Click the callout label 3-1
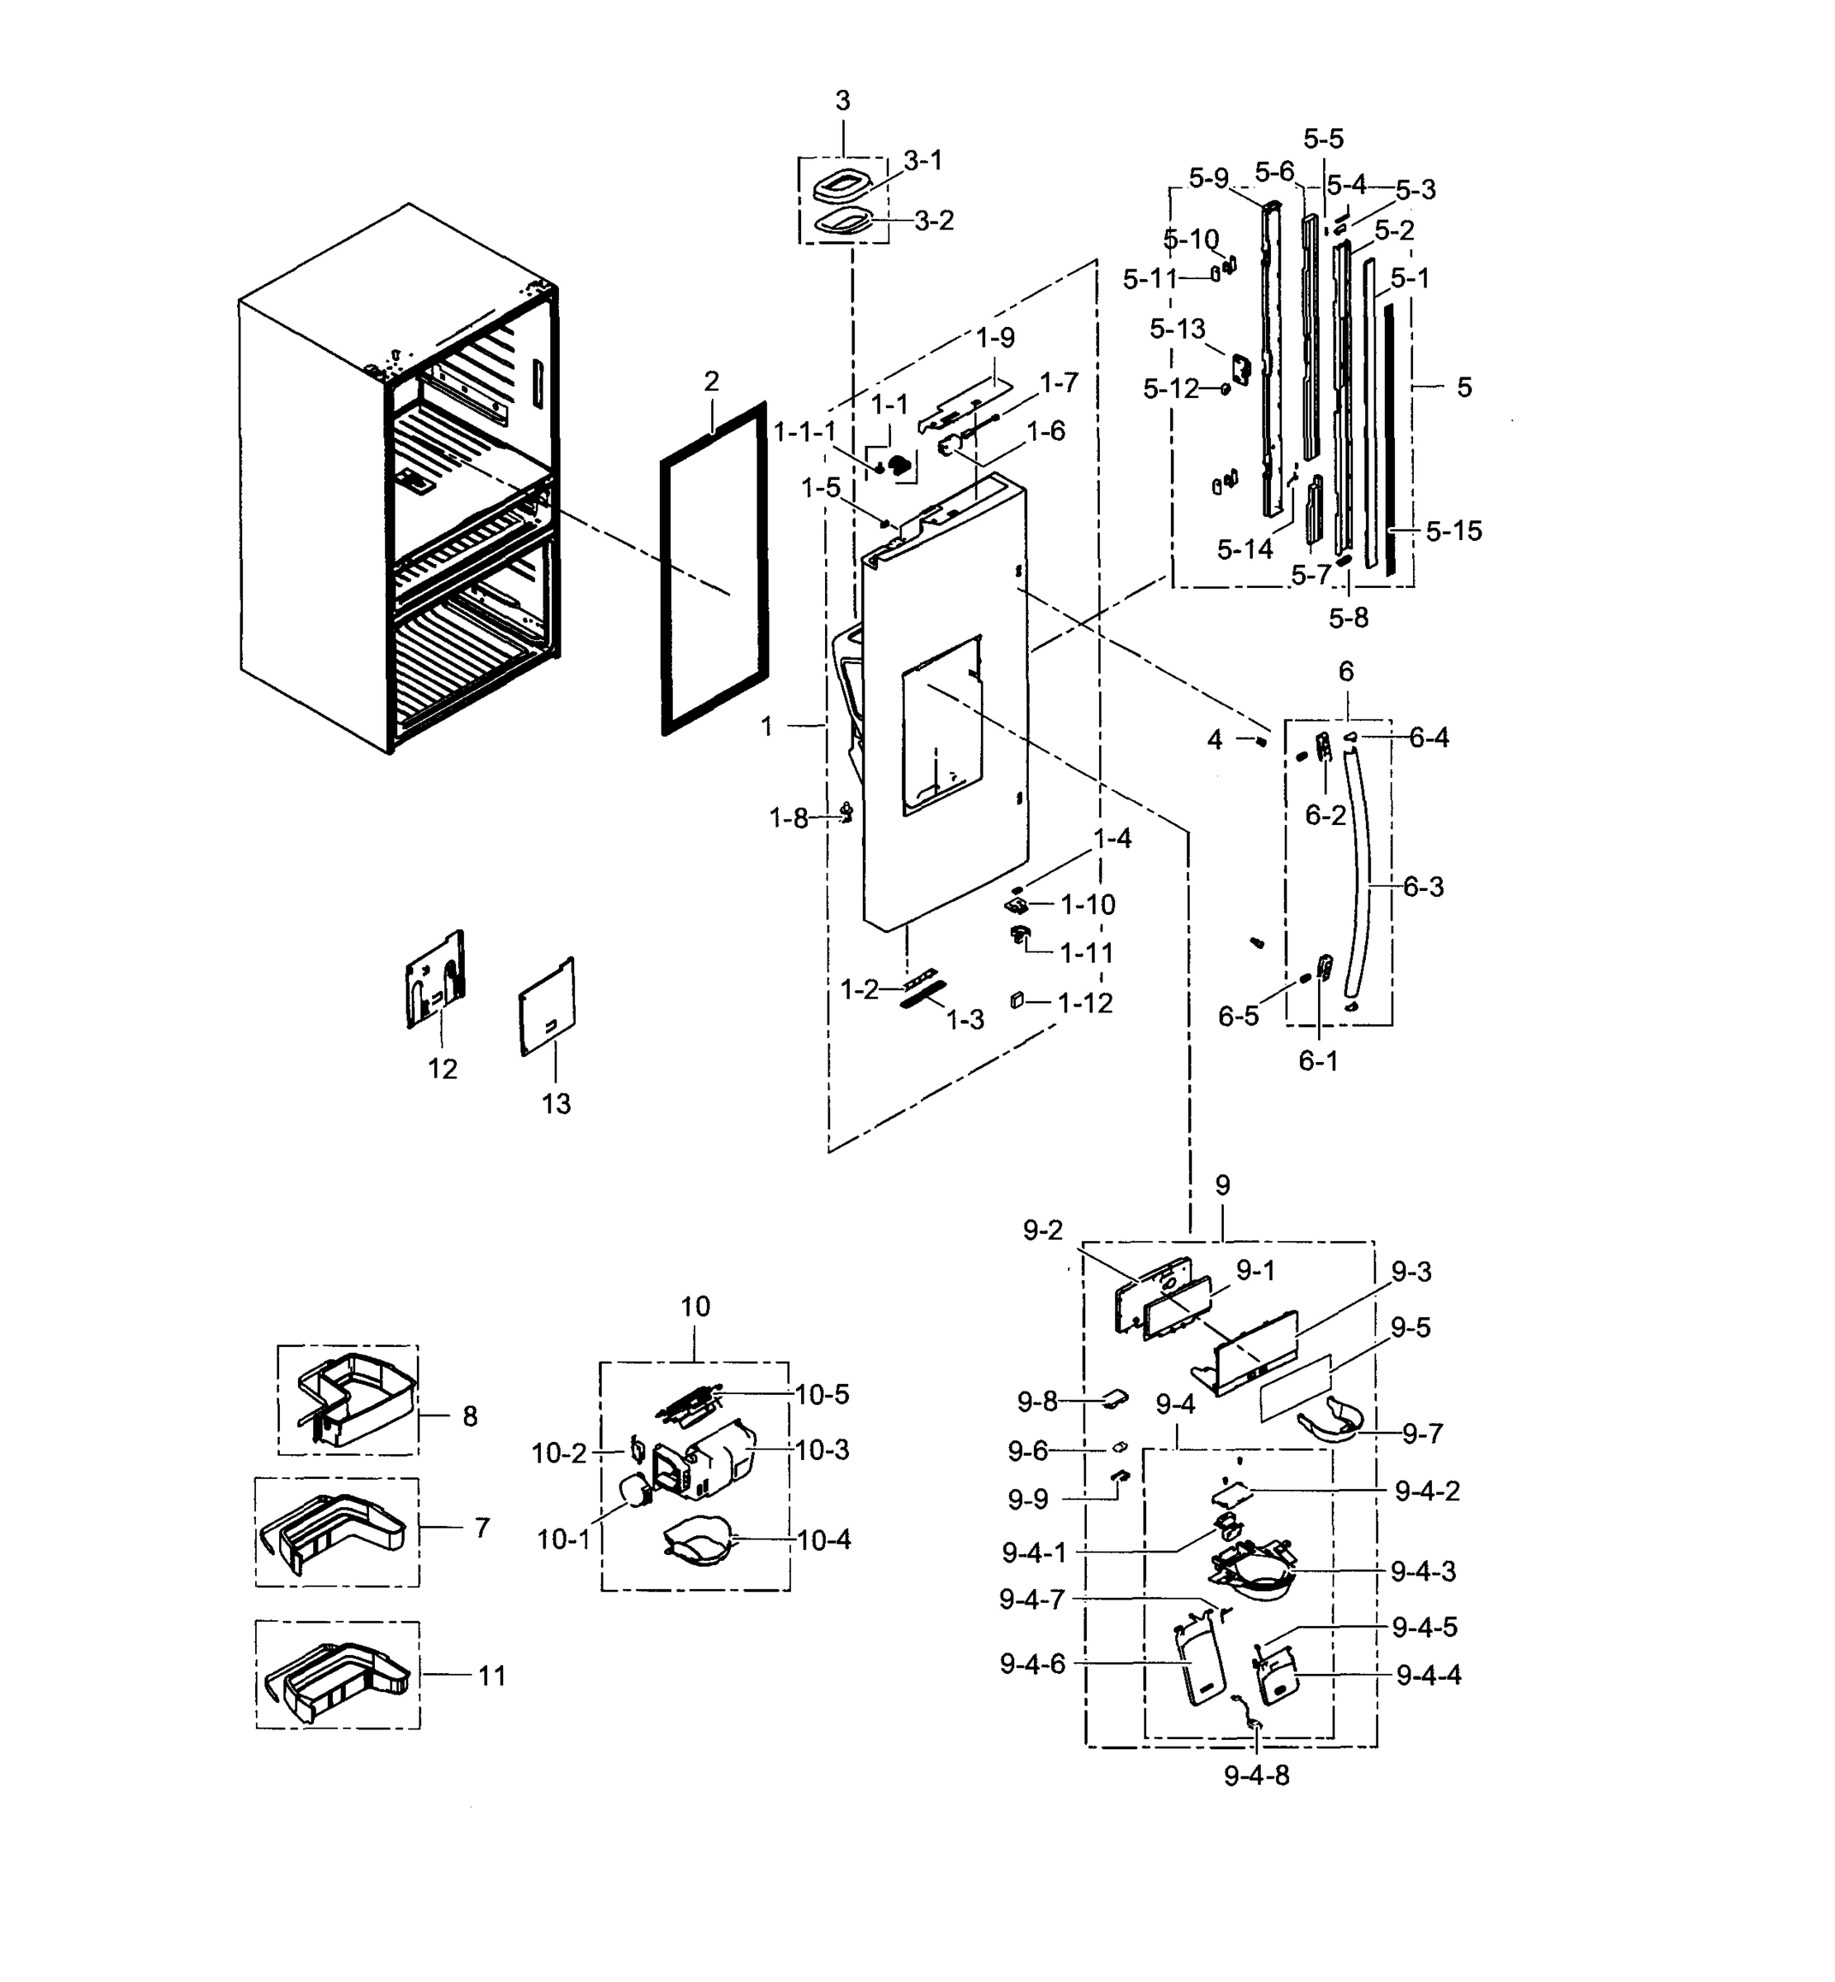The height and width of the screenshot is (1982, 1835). point(922,160)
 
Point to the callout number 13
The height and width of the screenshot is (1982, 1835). point(556,1103)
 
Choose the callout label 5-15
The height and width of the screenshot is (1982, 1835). point(1453,531)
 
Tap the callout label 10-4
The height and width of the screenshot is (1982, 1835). point(824,1540)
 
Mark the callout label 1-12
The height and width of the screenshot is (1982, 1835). point(1084,1003)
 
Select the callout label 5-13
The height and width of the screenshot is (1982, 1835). point(1177,329)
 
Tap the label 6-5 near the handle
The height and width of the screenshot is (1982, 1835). point(1238,1016)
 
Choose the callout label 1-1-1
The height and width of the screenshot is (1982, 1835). point(804,431)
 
